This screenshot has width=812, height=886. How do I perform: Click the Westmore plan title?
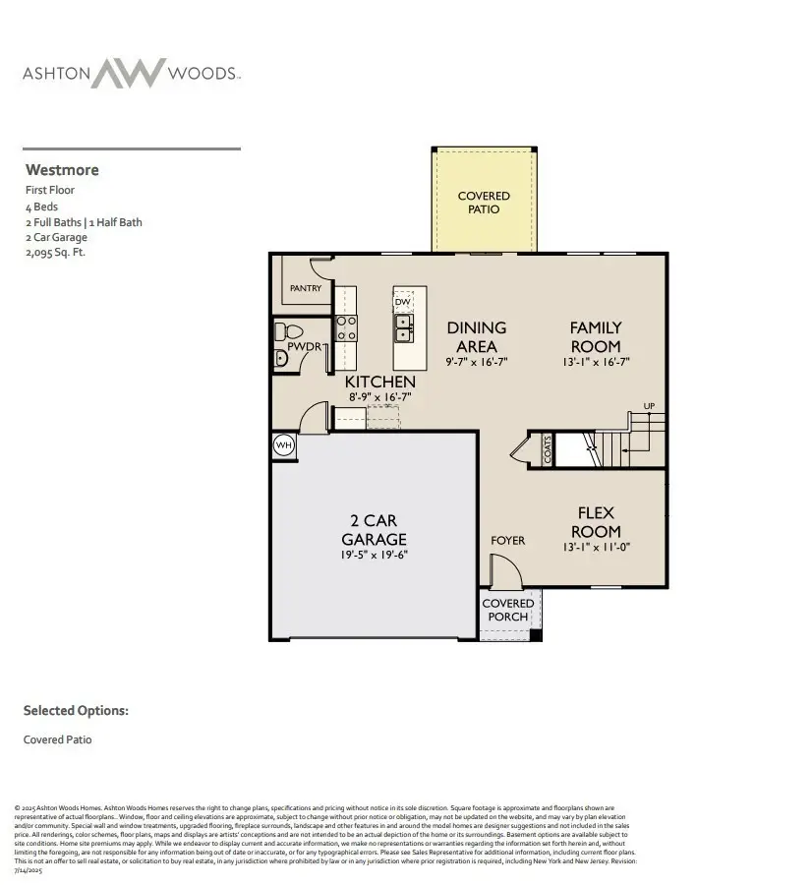point(62,169)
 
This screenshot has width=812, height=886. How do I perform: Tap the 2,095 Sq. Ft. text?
point(56,252)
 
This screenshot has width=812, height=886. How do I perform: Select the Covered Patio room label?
point(484,203)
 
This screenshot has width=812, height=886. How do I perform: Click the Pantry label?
point(305,288)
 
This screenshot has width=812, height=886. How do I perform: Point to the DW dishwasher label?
point(403,302)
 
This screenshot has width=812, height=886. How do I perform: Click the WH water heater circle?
point(284,445)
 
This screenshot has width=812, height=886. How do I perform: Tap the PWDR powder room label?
point(306,347)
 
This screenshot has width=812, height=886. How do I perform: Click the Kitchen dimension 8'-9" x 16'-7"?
point(379,397)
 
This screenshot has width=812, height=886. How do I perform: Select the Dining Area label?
point(477,336)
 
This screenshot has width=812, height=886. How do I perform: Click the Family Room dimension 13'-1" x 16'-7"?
point(596,362)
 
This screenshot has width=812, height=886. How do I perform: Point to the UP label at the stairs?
point(649,406)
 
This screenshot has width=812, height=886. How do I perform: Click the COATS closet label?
point(548,449)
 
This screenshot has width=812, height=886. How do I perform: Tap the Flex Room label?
point(596,522)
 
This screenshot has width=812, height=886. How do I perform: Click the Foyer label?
point(507,540)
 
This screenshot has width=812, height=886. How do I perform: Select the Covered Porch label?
point(508,610)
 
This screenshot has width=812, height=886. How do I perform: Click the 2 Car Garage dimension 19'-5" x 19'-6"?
point(374,555)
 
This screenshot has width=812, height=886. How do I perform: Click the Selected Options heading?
point(76,710)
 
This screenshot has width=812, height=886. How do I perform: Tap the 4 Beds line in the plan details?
point(41,207)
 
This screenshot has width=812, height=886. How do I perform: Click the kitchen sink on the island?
point(404,325)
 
